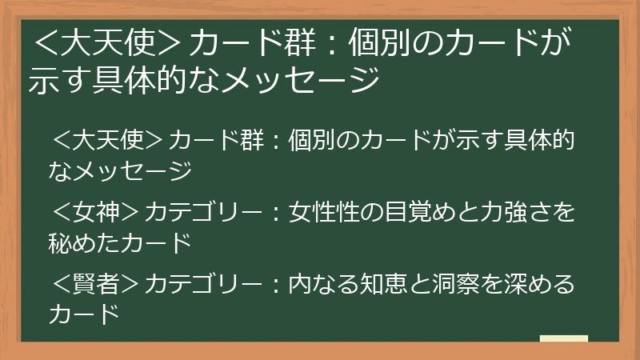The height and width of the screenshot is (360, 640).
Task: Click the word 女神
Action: pyautogui.click(x=96, y=212)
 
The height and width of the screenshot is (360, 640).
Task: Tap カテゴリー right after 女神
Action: pyautogui.click(x=204, y=212)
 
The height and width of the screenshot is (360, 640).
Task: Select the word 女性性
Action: pyautogui.click(x=324, y=212)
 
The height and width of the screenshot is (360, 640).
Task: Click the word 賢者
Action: pyautogui.click(x=96, y=284)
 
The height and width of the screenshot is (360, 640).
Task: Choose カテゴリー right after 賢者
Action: pyautogui.click(x=204, y=284)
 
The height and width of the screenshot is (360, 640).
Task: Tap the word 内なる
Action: pyautogui.click(x=324, y=284)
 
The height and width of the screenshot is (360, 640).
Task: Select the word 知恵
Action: pyautogui.click(x=384, y=284)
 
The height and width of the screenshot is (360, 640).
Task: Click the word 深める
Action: pyautogui.click(x=539, y=284)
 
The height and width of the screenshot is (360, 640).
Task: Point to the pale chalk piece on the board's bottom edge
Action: pyautogui.click(x=564, y=338)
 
